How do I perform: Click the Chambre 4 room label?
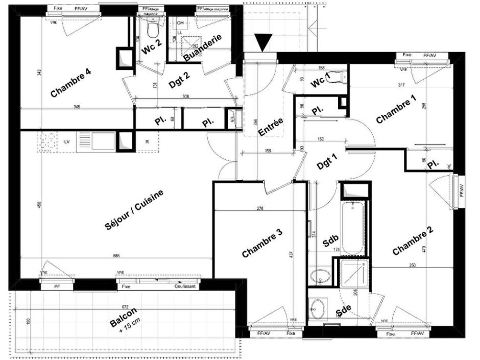71,83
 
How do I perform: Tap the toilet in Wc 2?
152,31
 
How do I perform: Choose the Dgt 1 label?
327,162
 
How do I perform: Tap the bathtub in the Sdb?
353,227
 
